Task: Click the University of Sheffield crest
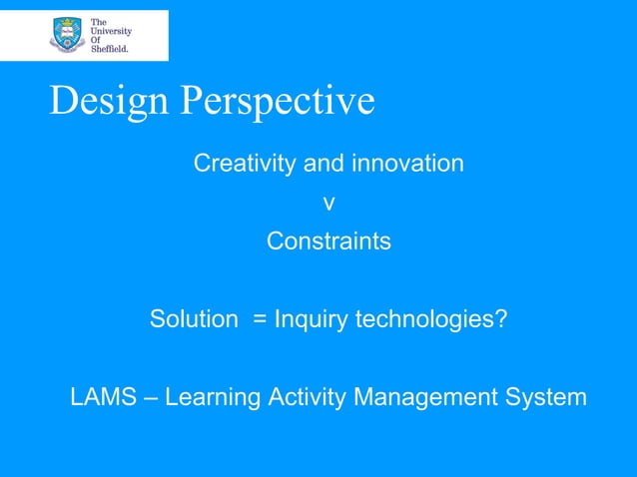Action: coord(67,35)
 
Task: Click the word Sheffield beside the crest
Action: coord(110,47)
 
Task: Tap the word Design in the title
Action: coord(111,101)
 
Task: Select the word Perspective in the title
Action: coord(279,101)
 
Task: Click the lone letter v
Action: coord(328,204)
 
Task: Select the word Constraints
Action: coord(328,241)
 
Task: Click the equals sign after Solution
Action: coord(259,321)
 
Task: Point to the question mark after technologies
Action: coord(501,320)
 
